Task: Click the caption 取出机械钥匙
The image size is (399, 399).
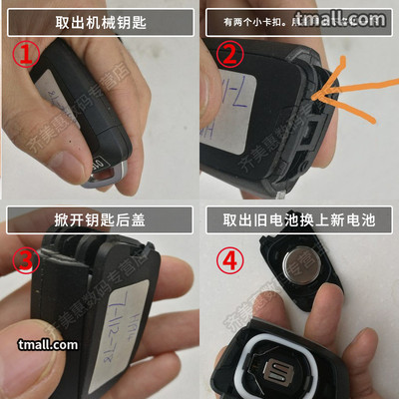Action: [x=99, y=21]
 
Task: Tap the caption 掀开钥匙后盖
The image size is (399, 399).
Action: [x=99, y=219]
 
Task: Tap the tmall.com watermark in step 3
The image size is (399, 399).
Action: [x=47, y=344]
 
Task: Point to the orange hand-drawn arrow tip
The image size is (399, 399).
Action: [x=318, y=98]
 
